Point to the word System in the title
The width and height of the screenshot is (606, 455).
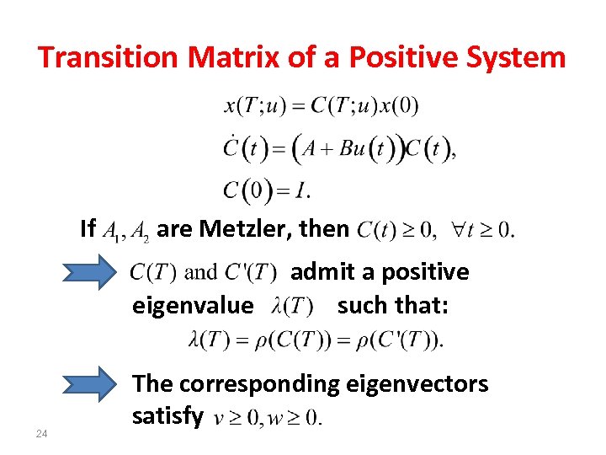518,57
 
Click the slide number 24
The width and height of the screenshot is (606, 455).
41,434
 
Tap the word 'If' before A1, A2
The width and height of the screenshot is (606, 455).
88,228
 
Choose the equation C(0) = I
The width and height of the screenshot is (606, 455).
266,190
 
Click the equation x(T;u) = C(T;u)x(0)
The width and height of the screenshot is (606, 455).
321,106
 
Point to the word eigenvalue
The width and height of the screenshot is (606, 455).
192,305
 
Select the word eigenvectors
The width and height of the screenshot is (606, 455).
417,384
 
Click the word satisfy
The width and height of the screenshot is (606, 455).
167,415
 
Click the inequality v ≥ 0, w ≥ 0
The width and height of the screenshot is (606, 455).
267,417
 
